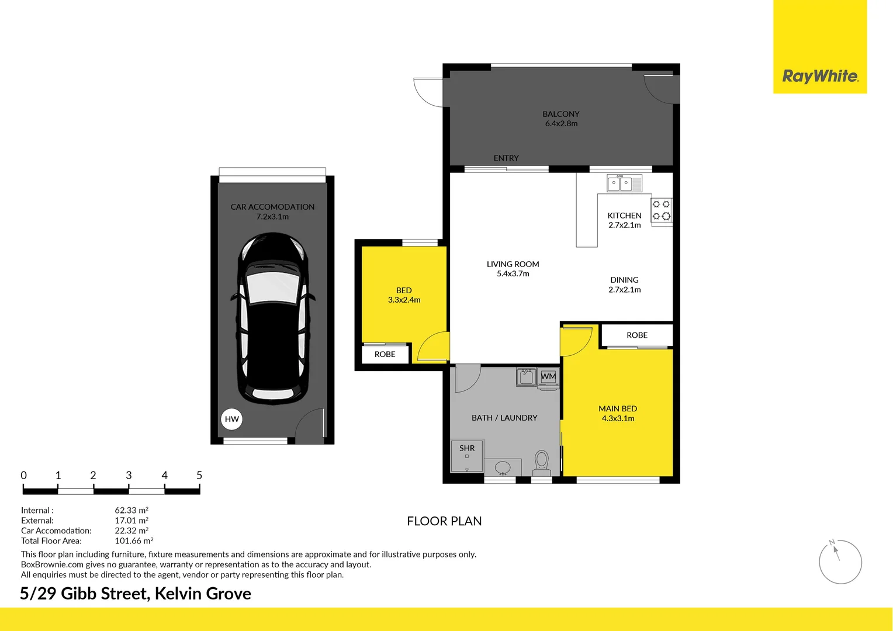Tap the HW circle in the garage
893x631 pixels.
(231, 419)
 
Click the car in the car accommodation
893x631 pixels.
(273, 318)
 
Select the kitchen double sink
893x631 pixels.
(624, 183)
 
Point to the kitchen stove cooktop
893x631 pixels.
(662, 210)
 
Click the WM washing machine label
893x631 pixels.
(548, 376)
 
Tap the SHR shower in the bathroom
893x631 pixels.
(467, 456)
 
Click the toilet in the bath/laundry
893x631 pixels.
(541, 463)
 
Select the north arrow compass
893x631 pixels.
(840, 562)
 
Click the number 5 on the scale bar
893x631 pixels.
(199, 475)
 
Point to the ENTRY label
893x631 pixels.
(506, 158)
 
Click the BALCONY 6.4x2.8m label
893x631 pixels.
(561, 119)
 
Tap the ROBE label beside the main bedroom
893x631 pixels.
(636, 335)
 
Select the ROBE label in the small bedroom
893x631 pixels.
(385, 354)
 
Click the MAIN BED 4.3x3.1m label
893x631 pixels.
(618, 413)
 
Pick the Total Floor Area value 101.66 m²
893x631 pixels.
(134, 540)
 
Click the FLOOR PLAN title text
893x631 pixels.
(444, 521)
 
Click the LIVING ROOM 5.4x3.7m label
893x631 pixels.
(513, 269)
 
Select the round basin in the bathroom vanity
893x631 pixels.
(503, 467)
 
